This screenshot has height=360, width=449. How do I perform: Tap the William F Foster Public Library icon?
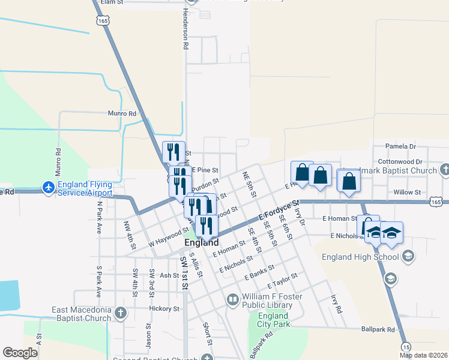(x=232, y=298)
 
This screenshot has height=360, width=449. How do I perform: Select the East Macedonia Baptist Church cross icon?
(x=121, y=313)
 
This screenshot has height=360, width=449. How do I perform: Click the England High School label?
(x=360, y=257)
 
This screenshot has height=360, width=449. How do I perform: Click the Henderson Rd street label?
(x=185, y=32)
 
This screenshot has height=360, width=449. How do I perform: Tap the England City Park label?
(x=273, y=320)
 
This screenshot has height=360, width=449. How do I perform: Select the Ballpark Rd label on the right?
(x=378, y=329)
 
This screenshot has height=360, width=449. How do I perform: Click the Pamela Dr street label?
(x=400, y=146)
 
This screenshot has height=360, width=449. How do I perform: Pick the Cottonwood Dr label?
(x=400, y=161)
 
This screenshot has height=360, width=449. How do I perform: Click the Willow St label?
(x=407, y=192)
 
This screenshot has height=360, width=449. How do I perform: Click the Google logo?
(x=20, y=353)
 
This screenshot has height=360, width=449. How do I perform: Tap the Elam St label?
(x=112, y=2)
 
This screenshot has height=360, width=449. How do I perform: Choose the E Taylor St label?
(x=282, y=280)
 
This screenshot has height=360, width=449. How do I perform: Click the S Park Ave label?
(x=100, y=281)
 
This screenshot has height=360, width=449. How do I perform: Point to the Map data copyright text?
(x=423, y=355)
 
